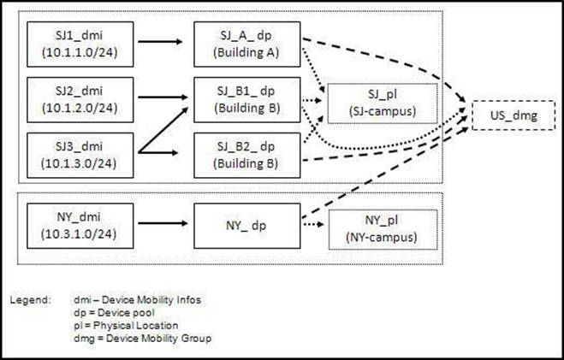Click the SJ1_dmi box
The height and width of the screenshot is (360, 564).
coord(80,44)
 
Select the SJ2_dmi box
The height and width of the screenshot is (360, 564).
coord(80,100)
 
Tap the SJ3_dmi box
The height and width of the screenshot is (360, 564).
coord(80,156)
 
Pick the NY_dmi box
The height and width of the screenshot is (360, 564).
coord(80,226)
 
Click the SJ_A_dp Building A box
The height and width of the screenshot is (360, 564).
coord(247,44)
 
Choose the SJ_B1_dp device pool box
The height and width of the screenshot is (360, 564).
coord(247,100)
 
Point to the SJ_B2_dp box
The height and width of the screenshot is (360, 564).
coord(247,156)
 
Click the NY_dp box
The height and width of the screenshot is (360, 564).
coord(247,226)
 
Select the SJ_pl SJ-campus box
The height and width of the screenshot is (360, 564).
coord(383,103)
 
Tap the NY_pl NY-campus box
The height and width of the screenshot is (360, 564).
coord(383,229)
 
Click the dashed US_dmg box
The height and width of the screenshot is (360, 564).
coord(514,115)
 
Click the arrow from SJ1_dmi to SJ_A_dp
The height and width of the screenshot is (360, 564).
coord(160,42)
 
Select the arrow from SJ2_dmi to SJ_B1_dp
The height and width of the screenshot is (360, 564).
coord(163,97)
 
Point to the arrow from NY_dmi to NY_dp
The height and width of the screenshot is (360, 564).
coord(163,223)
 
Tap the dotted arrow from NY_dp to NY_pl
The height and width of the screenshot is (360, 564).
coord(313,225)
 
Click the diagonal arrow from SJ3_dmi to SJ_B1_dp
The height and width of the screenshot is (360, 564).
coord(163,130)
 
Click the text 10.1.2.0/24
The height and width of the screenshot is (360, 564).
coord(80,108)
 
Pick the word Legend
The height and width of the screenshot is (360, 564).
coord(30,300)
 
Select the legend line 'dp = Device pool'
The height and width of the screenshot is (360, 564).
coord(114,313)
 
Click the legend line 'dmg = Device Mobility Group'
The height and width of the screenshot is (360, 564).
coord(142,339)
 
